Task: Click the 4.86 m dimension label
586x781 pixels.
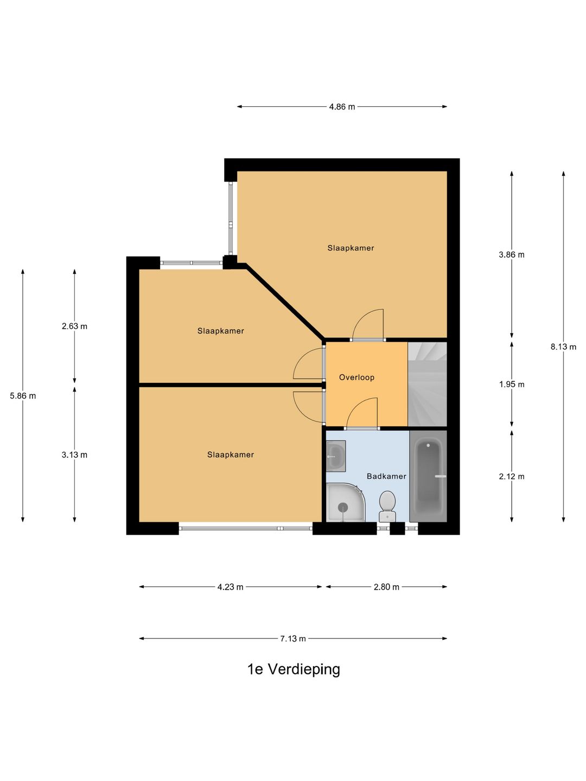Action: coord(342,107)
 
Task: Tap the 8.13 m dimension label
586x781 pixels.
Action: coord(563,347)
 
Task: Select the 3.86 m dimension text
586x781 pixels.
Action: coord(512,254)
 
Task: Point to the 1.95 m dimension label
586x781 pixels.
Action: coord(512,385)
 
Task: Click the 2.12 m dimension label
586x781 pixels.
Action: coord(512,476)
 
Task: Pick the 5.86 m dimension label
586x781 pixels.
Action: coord(23,396)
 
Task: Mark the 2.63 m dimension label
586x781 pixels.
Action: coord(74,326)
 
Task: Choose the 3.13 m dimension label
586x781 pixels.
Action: coord(74,454)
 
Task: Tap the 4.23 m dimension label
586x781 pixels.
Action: coord(230,587)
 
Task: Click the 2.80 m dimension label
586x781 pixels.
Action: coord(386,587)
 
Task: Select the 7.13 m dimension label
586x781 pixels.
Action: coord(293,638)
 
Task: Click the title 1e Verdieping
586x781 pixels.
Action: coord(294,669)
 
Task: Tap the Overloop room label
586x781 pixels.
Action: coord(356,377)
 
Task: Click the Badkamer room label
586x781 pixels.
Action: coord(386,476)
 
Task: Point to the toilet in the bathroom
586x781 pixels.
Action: coord(387,507)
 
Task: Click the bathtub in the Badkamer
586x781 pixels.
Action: coord(429,476)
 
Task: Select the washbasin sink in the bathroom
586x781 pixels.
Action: coord(336,456)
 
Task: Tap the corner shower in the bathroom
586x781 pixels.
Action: coord(345,502)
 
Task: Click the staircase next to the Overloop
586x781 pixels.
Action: coord(428,384)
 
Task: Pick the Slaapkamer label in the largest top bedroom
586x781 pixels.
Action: coord(351,248)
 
